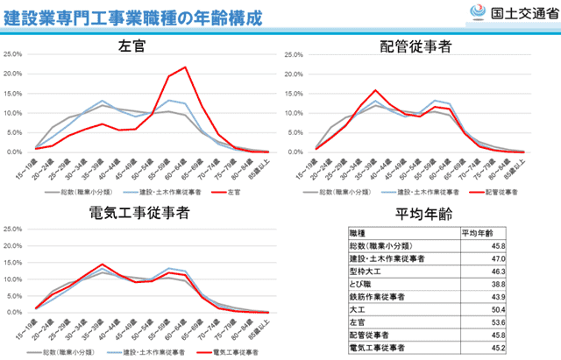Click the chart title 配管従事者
415,45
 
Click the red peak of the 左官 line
185,67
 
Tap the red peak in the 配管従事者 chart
375,90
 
